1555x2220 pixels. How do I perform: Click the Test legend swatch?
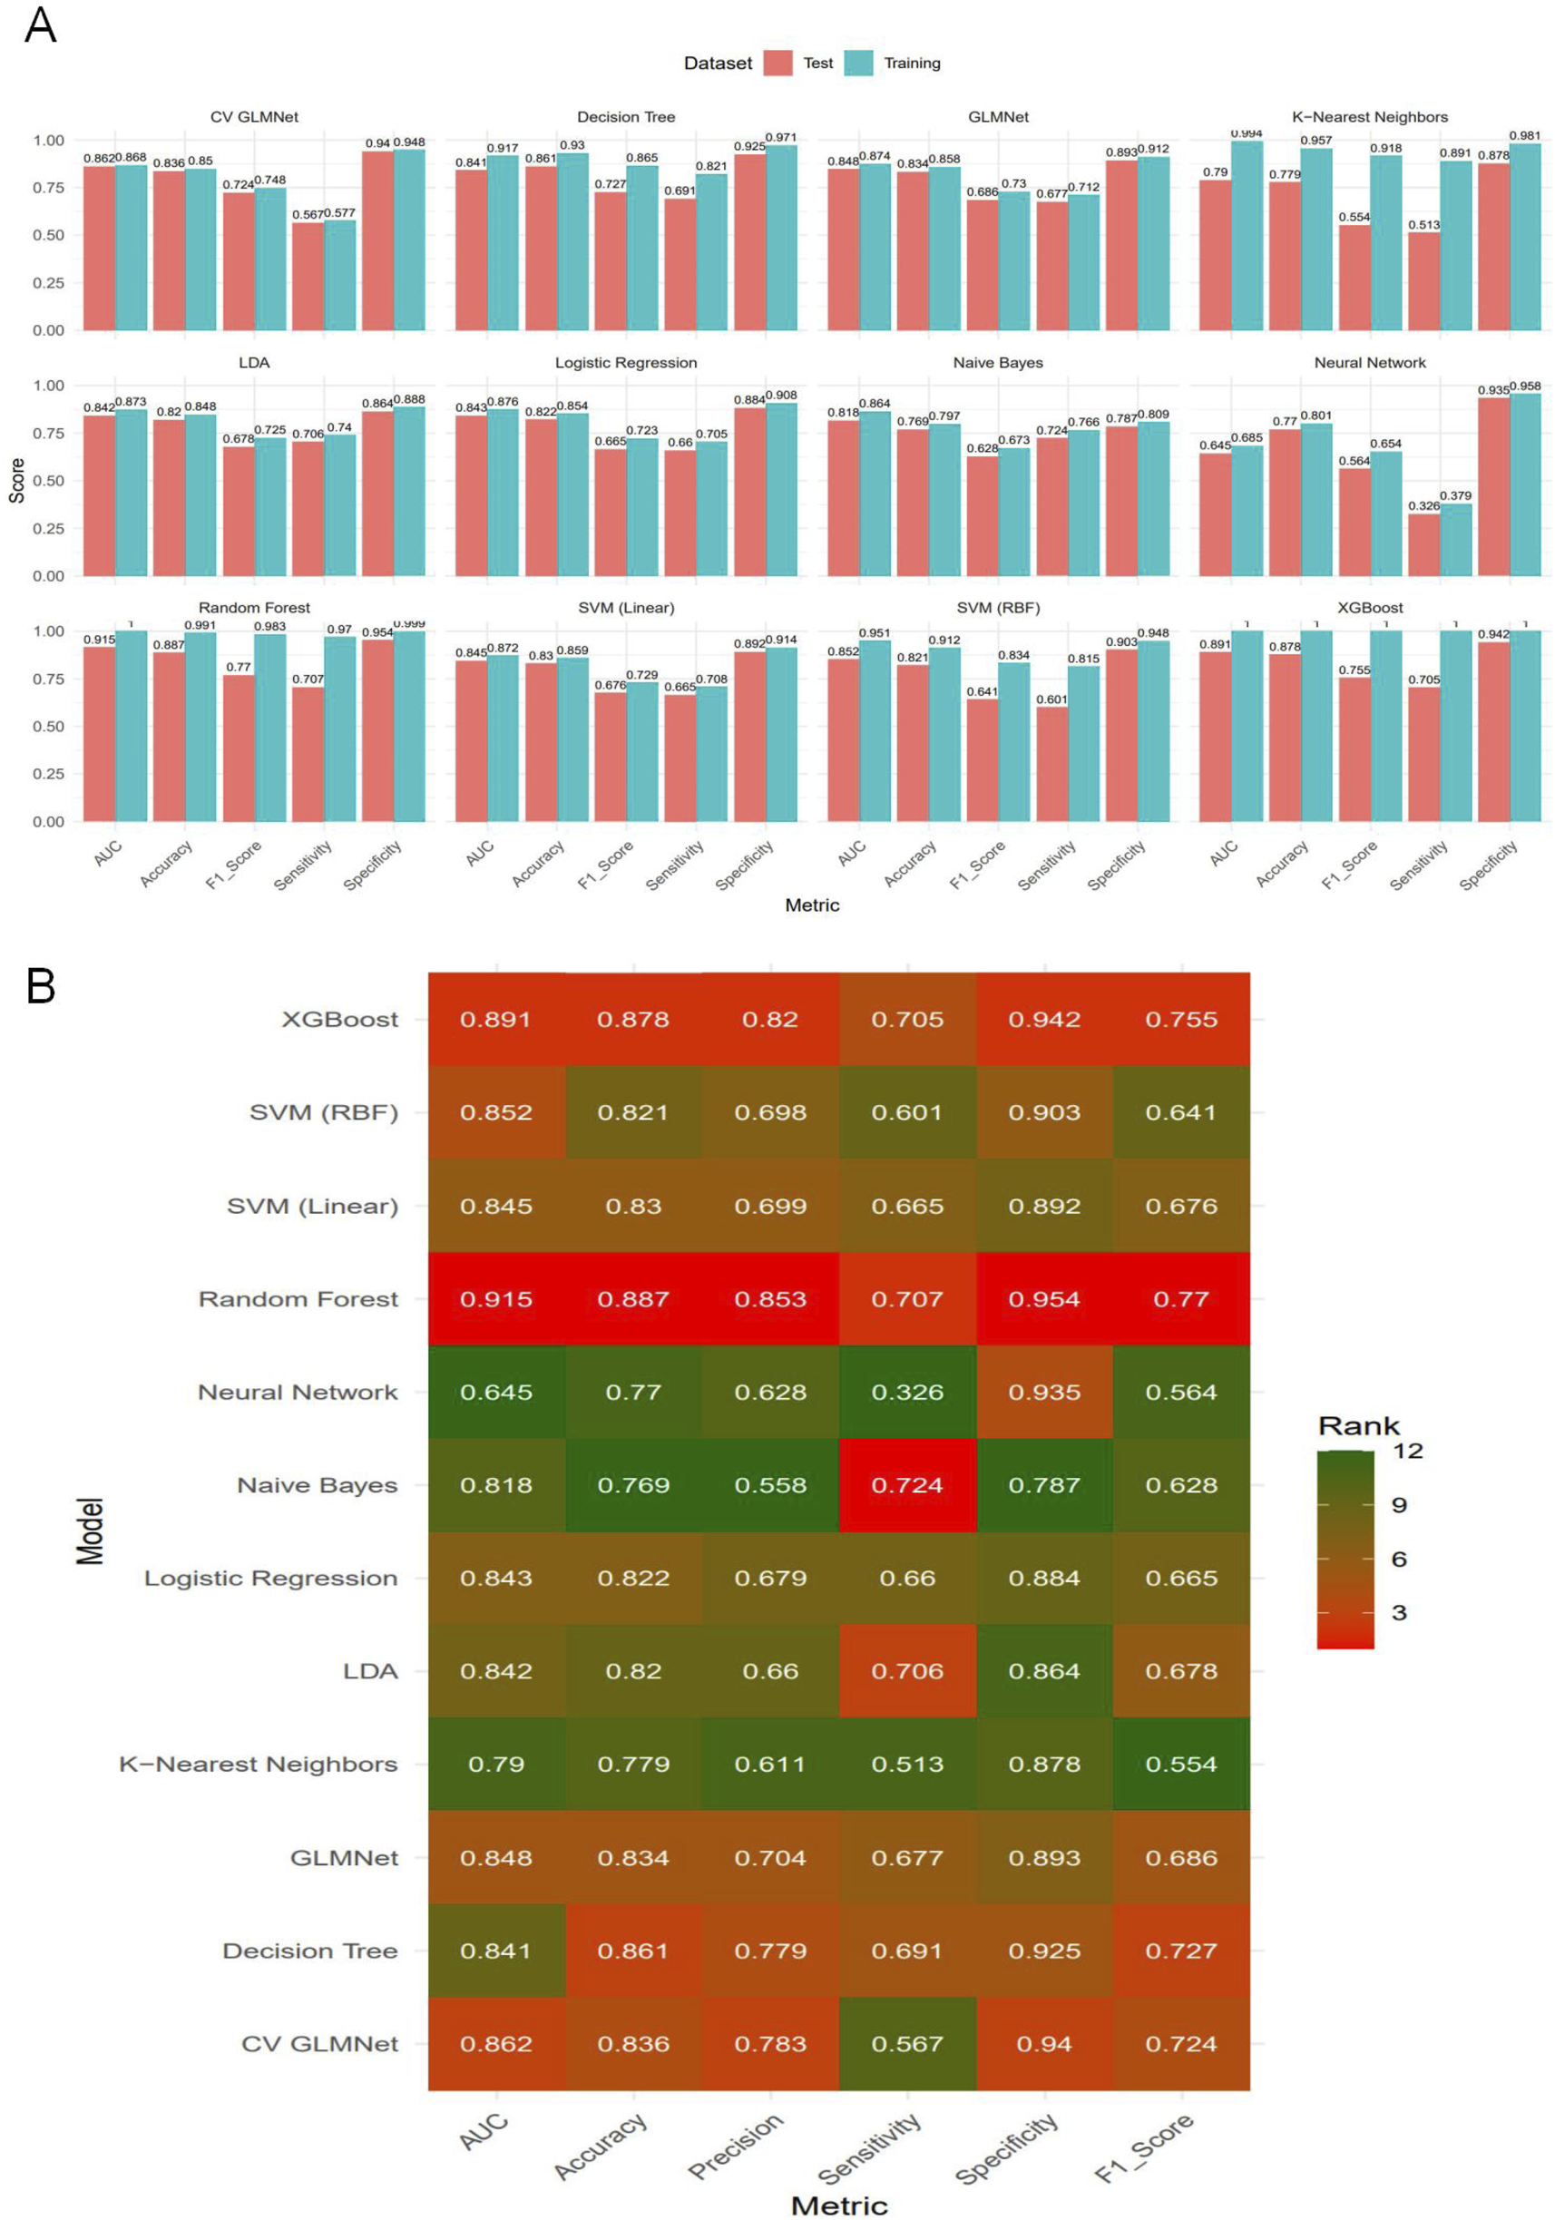tap(777, 63)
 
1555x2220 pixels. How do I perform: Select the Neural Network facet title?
tap(1369, 363)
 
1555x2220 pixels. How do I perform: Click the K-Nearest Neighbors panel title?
tap(1369, 117)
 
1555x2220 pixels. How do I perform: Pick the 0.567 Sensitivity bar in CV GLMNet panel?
tap(308, 277)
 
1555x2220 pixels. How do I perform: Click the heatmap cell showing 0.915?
tap(496, 1298)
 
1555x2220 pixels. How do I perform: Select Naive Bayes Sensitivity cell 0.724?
tap(907, 1485)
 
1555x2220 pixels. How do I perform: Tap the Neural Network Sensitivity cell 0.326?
tap(907, 1393)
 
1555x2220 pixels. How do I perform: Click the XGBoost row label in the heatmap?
tap(339, 1019)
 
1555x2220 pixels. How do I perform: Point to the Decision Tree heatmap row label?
tap(309, 1951)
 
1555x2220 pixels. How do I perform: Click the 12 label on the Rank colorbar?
tap(1407, 1451)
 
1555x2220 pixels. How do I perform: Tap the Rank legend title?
tap(1359, 1425)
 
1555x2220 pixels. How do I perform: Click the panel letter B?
tap(41, 986)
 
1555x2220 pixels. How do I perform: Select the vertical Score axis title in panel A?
tap(16, 481)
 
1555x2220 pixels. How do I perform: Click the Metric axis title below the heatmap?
tap(838, 2205)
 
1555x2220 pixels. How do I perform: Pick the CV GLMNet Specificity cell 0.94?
tap(1044, 2043)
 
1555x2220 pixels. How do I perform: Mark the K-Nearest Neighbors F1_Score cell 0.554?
tap(1180, 1764)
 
